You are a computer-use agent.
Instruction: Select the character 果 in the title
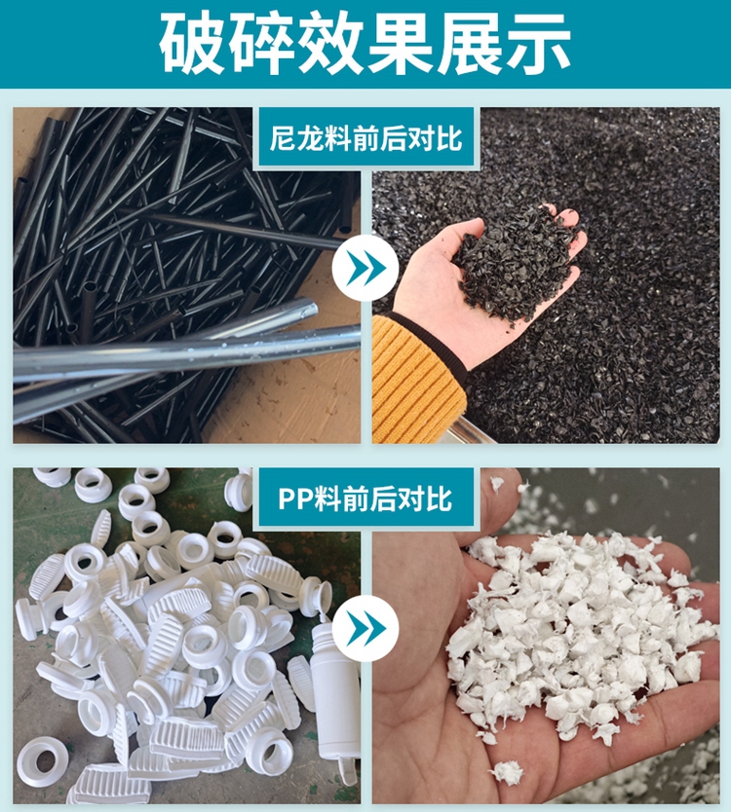coord(400,43)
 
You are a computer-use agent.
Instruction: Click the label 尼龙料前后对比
coord(365,139)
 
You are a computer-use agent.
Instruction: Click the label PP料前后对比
coord(365,498)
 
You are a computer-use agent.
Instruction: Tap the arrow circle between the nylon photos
coord(365,268)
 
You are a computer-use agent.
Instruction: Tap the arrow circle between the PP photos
coord(365,628)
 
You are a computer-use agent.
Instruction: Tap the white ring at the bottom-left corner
coord(43,761)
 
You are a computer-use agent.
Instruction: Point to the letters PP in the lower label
coord(294,498)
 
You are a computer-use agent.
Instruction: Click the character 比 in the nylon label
coord(449,138)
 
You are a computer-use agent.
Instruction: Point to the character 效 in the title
coord(330,43)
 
